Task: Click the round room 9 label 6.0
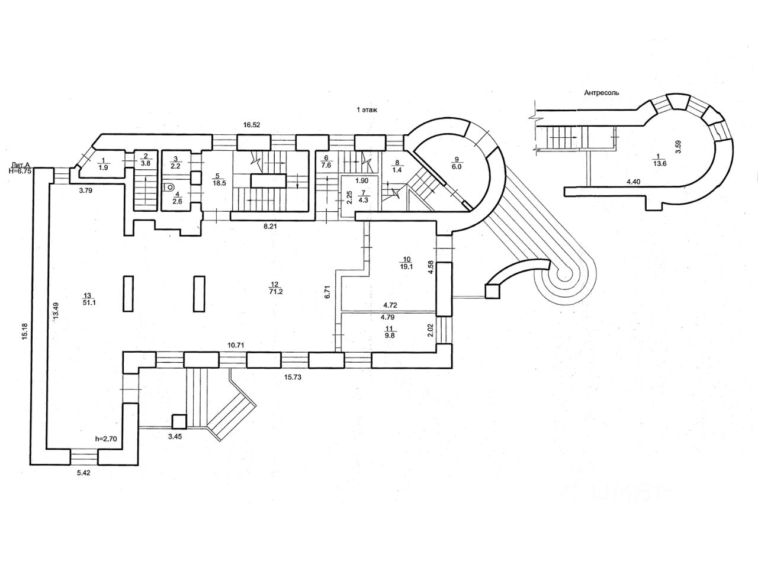click(x=457, y=163)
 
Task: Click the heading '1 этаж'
click(x=366, y=109)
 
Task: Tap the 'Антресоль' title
click(x=602, y=92)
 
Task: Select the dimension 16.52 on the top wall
click(x=253, y=125)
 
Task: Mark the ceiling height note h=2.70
click(x=107, y=439)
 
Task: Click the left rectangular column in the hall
click(x=129, y=293)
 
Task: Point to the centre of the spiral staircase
click(x=563, y=275)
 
